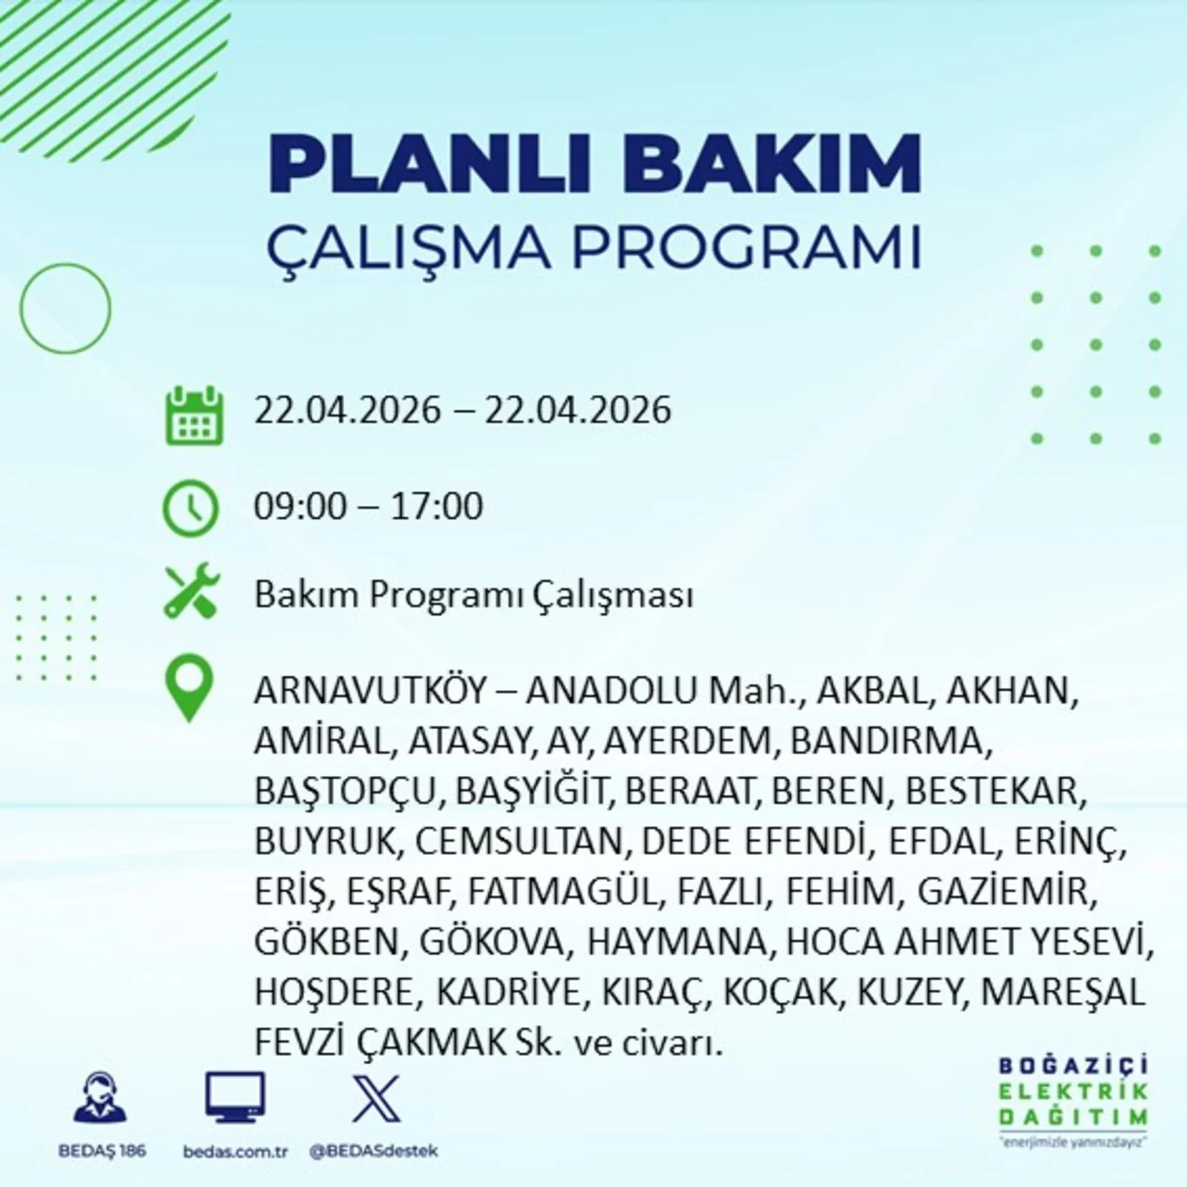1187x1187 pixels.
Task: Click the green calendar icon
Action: [x=194, y=415]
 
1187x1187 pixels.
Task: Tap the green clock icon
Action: [x=190, y=507]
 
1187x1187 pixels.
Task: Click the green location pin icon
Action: [x=189, y=687]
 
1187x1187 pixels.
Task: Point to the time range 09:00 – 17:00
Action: [x=368, y=506]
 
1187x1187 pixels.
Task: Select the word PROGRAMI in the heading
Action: [x=746, y=247]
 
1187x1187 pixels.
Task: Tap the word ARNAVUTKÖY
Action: [x=370, y=691]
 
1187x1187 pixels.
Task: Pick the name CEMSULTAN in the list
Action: [x=518, y=841]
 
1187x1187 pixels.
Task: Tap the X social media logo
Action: [x=376, y=1098]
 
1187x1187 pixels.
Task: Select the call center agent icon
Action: [x=100, y=1098]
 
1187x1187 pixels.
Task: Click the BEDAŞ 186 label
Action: [x=102, y=1151]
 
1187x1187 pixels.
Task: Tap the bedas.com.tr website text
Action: [x=235, y=1151]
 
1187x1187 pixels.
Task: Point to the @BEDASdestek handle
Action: [x=374, y=1151]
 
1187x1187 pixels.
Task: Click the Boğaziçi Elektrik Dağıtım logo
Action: [x=1072, y=1099]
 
